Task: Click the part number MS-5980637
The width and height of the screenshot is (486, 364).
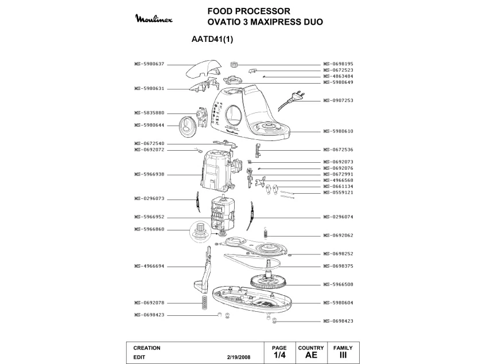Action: click(149, 64)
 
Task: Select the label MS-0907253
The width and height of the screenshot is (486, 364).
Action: click(338, 100)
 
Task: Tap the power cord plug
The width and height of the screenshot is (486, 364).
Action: click(297, 96)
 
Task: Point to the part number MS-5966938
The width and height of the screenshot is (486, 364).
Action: click(149, 174)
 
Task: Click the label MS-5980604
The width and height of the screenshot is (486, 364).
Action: click(338, 303)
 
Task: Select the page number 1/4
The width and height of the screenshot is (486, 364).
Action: click(279, 355)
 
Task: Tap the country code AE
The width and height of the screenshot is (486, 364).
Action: click(311, 355)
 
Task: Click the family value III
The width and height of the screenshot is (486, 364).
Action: click(343, 355)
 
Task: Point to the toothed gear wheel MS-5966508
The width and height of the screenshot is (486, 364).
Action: click(269, 283)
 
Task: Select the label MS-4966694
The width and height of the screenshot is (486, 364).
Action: click(149, 266)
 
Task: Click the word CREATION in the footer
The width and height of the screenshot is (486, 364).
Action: click(147, 348)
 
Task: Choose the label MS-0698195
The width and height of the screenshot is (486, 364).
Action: click(338, 64)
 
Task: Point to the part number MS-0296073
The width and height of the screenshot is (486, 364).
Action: click(149, 198)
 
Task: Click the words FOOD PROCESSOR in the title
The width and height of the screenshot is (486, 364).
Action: click(248, 11)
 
